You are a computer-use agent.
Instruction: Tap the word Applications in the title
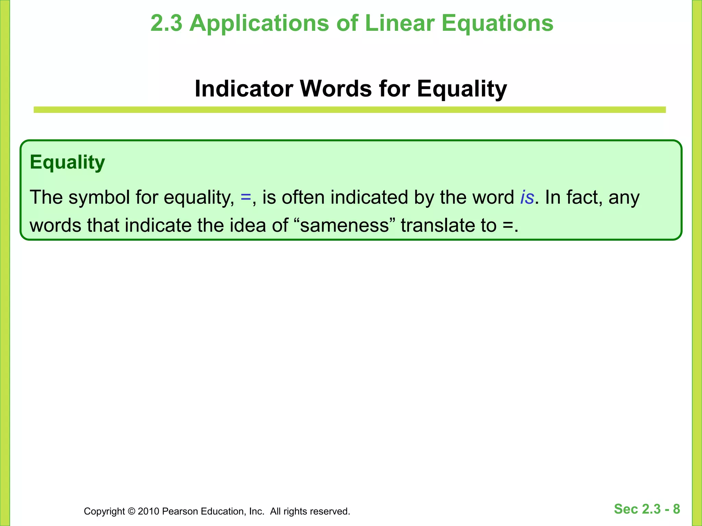tap(259, 23)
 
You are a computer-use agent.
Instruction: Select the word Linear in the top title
tap(399, 23)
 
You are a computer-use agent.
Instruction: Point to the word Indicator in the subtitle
tap(244, 89)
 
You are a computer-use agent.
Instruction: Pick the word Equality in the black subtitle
tap(462, 89)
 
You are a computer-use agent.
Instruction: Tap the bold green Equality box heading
tap(67, 162)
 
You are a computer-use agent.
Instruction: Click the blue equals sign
tap(246, 198)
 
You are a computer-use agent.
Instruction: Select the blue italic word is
tap(527, 198)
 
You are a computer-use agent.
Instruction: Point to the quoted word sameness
tap(344, 226)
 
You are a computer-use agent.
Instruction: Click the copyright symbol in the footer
tap(131, 511)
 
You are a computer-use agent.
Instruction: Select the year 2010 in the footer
tap(148, 511)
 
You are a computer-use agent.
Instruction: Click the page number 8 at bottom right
tap(676, 509)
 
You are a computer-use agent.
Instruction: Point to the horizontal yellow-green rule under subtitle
tap(350, 110)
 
